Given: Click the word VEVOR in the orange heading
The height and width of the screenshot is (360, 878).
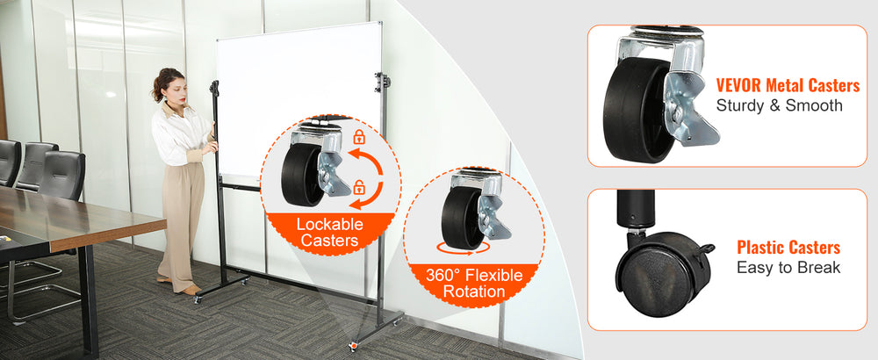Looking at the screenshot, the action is click(738, 86).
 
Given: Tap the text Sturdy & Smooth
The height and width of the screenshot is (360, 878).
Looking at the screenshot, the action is click(780, 105).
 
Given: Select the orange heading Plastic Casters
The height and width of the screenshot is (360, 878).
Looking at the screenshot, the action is click(788, 248).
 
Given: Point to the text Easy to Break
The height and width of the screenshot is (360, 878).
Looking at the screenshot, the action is click(788, 268).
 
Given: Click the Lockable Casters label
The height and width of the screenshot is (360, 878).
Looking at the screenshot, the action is click(329, 233).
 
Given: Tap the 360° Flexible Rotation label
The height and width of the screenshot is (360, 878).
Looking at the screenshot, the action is click(474, 284).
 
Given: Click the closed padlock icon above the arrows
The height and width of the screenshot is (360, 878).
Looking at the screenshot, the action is click(359, 137).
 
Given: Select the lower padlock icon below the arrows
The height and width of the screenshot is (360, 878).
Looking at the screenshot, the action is click(359, 187).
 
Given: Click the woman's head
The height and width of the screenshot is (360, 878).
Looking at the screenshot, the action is click(169, 85).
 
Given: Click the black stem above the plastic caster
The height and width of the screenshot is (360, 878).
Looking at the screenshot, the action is click(636, 208).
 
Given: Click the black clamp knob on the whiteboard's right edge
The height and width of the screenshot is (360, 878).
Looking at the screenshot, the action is click(383, 82).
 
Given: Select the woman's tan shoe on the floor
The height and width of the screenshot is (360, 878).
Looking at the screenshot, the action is click(191, 290).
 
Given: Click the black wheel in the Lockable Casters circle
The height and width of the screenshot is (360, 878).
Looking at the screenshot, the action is click(300, 175).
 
